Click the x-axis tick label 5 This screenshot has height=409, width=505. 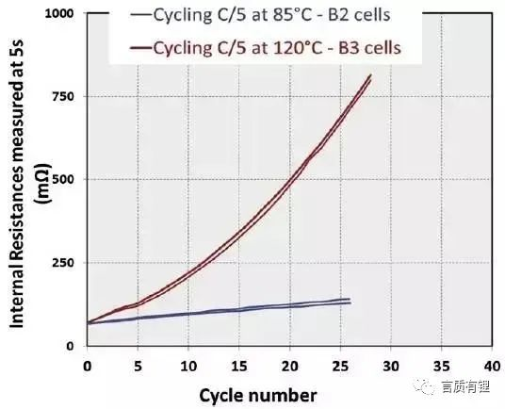(138, 364)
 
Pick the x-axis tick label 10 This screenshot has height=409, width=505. (188, 364)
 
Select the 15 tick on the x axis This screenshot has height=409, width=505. (239, 364)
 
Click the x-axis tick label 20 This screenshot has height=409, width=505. (290, 364)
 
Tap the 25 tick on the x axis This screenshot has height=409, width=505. (341, 364)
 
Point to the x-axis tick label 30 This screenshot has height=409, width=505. (391, 364)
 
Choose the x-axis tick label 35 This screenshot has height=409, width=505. (442, 364)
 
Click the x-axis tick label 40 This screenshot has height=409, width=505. (492, 364)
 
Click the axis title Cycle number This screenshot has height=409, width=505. (257, 393)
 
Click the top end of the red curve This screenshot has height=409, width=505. (370, 75)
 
